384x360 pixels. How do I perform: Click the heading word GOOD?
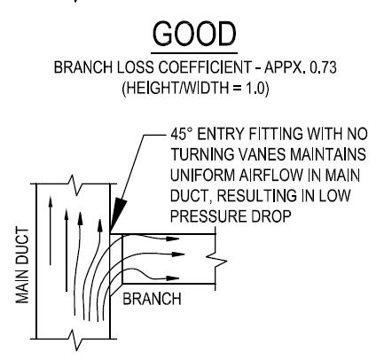(194, 35)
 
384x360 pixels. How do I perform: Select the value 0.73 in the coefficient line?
(323, 67)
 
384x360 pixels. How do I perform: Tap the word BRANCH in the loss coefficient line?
(83, 67)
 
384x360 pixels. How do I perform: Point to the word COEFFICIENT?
(205, 67)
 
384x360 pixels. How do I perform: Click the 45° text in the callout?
(179, 134)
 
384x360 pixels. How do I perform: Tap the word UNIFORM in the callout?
(202, 176)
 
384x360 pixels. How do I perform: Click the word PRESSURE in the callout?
(208, 216)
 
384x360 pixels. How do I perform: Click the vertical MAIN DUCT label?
(22, 265)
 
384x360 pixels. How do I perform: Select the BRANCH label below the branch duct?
(152, 299)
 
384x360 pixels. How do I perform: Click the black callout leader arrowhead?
(118, 215)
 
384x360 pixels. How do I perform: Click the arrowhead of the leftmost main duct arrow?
(51, 201)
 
